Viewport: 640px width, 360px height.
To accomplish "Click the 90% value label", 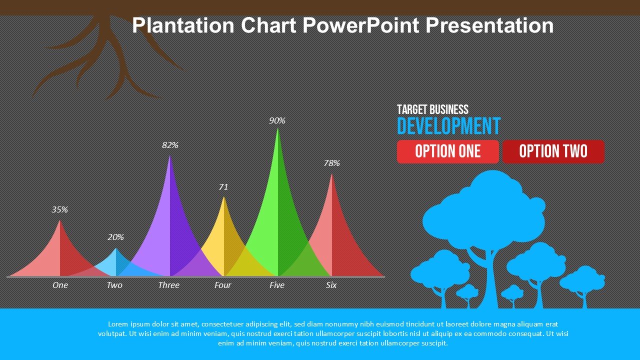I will [277, 120].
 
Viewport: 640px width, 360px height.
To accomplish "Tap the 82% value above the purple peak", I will [170, 145].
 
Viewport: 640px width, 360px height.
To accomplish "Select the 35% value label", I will [59, 209].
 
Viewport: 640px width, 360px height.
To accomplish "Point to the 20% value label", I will [115, 237].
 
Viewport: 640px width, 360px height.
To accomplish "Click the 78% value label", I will [331, 163].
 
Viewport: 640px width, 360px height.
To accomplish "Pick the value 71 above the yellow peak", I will [223, 187].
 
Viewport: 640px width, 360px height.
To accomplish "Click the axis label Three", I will [168, 285].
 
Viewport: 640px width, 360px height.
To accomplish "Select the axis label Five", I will [276, 285].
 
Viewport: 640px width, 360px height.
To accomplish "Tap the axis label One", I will [60, 285].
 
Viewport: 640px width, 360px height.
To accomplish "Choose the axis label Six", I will [331, 285].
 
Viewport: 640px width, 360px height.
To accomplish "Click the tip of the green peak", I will [277, 129].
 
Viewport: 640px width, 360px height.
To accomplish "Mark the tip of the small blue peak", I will [116, 248].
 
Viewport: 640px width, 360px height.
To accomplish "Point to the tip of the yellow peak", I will [223, 197].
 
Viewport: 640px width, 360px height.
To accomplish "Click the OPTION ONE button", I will [447, 151].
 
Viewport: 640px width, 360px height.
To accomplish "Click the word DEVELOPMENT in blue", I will [448, 126].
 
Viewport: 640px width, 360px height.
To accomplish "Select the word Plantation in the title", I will [183, 25].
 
